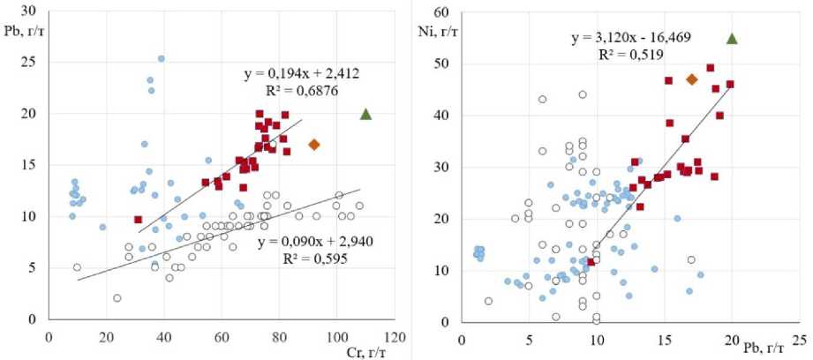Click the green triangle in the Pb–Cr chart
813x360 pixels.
pos(366,114)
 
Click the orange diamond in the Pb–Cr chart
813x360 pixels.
pos(313,145)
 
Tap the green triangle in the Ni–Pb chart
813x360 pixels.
pos(732,39)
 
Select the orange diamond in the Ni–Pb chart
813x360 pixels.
pos(691,79)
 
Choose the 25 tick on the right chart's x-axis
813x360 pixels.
pos(799,338)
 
